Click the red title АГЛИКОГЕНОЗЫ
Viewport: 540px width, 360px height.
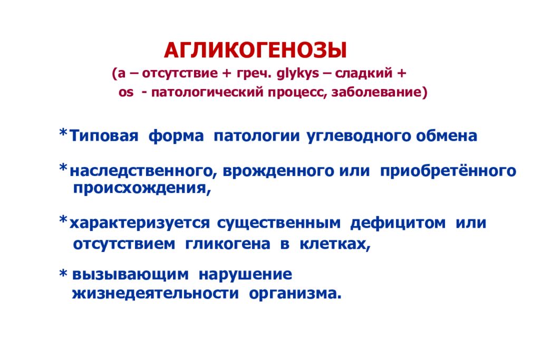coord(256,51)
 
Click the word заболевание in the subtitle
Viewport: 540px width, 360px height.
coord(378,93)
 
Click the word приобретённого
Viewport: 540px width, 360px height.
coord(448,172)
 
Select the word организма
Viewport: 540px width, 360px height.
coord(295,294)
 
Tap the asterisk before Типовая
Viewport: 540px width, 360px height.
coord(62,133)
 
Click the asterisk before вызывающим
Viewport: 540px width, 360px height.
coord(63,273)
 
